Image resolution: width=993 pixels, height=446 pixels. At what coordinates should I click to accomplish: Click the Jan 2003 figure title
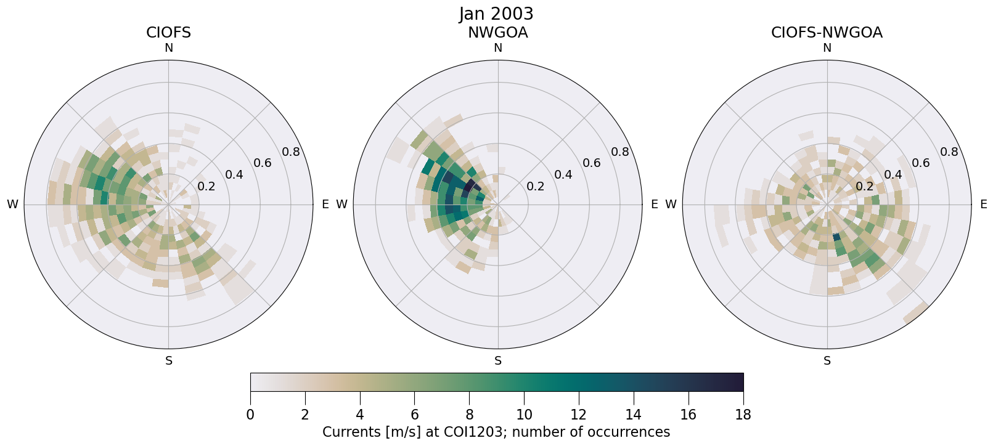point(496,14)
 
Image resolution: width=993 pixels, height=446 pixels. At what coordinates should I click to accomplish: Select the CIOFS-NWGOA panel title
point(827,33)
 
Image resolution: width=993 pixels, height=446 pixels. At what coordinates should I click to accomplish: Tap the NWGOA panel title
point(497,33)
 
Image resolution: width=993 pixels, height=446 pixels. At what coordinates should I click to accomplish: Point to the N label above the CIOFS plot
point(168,48)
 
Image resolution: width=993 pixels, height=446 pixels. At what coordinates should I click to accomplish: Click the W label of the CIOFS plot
point(12,205)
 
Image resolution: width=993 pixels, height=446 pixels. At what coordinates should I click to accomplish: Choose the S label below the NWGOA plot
point(498,361)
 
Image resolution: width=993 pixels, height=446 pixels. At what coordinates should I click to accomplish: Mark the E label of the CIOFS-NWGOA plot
point(983,205)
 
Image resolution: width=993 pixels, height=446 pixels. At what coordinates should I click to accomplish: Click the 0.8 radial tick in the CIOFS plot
point(291,152)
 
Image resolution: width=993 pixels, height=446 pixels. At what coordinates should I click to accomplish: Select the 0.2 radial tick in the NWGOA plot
point(535,187)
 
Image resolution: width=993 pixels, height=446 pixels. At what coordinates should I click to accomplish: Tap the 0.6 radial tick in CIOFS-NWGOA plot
point(921,163)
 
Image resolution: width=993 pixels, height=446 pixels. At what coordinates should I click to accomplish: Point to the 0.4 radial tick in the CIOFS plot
point(234,175)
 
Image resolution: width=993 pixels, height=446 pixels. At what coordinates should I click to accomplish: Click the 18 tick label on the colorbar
point(743,415)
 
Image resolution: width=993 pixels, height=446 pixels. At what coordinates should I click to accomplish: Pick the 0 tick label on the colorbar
point(250,415)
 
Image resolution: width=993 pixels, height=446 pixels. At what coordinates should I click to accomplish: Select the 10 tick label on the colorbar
point(524,415)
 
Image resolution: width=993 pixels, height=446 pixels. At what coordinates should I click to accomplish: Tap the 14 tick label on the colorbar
point(634,415)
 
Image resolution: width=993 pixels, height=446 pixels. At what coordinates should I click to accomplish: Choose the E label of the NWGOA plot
point(654,205)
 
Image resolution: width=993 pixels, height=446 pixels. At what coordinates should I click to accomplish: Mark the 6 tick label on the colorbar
point(415,415)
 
